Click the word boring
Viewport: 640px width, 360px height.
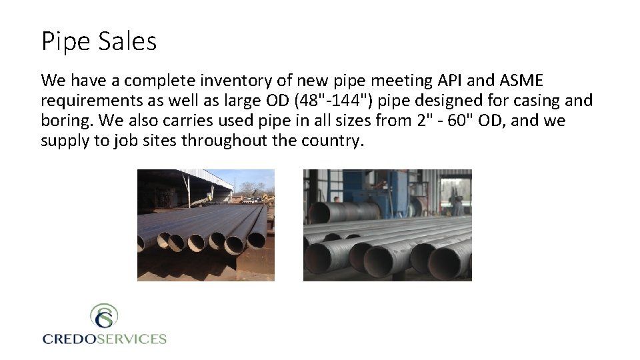coord(63,121)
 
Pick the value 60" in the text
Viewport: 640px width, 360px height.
coord(451,121)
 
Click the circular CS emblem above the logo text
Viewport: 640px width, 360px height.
coord(104,316)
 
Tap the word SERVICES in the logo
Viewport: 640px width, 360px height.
coord(134,339)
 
